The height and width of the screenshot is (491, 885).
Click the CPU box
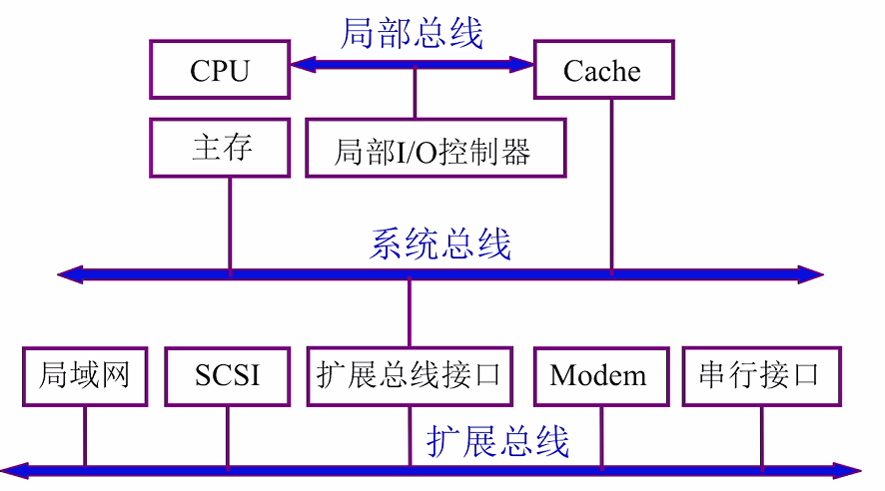(220, 70)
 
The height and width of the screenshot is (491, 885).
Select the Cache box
(603, 70)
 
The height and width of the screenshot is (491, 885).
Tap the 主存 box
(220, 149)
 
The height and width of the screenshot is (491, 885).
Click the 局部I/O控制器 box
(435, 149)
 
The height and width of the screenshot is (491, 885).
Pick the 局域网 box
(85, 376)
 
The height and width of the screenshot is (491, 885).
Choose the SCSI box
(228, 376)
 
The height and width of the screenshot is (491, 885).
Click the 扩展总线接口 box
(409, 376)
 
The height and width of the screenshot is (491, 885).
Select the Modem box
(599, 376)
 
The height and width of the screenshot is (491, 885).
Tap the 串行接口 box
(760, 376)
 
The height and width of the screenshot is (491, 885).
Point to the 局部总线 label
(412, 33)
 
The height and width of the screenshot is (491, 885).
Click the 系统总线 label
(441, 244)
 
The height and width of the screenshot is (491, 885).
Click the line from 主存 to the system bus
(230, 225)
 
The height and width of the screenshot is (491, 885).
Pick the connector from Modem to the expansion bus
(601, 435)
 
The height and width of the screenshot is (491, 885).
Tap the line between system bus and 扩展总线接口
(409, 311)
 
